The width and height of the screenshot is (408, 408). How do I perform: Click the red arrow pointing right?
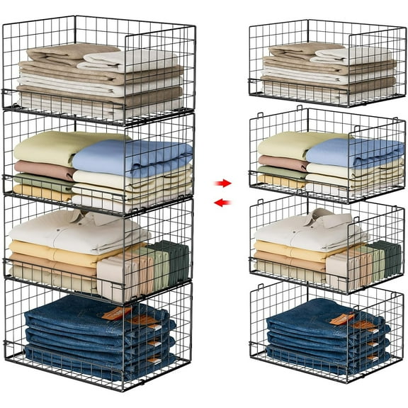(x=222, y=183)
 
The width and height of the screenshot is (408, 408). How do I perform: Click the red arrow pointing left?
(x=222, y=203)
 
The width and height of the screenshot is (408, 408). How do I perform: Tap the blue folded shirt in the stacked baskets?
(x=135, y=156)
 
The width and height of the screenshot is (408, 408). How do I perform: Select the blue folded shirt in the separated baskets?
(x=354, y=152)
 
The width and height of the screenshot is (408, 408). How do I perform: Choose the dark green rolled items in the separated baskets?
(x=385, y=258)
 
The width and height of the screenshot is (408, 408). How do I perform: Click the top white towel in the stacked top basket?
(x=127, y=59)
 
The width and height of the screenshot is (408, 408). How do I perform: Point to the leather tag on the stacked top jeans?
(x=118, y=312)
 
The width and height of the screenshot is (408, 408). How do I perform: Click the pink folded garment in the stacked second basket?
(x=42, y=171)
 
